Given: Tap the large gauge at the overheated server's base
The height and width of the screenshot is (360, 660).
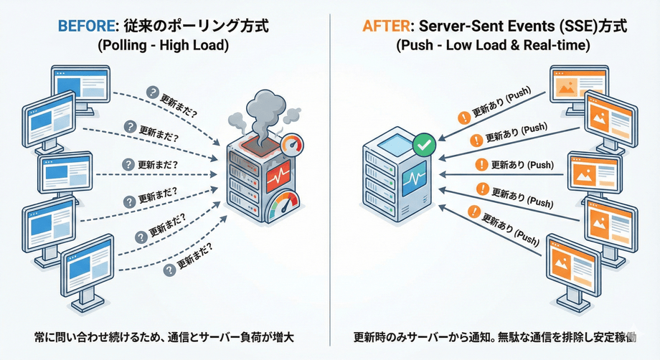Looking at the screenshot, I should click(x=282, y=207).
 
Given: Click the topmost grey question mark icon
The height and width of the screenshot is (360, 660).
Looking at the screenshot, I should click(x=151, y=92).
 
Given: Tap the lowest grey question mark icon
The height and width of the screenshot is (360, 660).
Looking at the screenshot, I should click(x=170, y=270).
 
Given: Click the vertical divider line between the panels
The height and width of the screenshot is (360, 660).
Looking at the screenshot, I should click(x=330, y=179).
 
